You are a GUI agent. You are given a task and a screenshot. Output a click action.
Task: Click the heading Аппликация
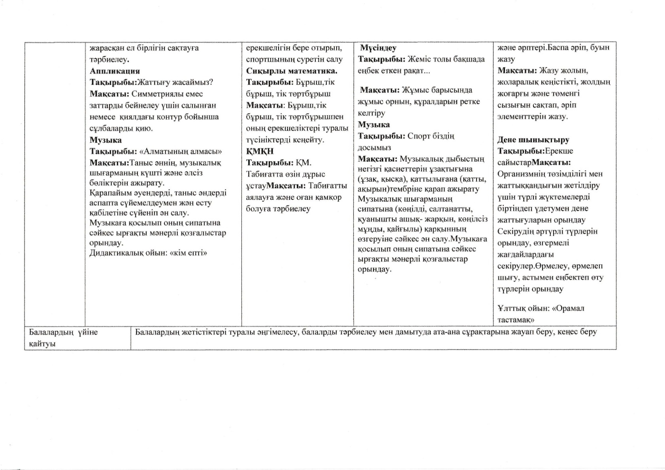(x=115, y=71)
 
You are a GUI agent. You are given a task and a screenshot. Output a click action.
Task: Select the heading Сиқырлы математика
(x=292, y=71)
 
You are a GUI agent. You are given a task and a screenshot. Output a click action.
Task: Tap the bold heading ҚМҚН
(x=260, y=151)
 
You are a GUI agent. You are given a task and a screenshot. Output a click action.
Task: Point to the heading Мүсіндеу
(x=378, y=48)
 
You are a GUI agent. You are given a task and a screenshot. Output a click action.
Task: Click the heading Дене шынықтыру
(x=533, y=140)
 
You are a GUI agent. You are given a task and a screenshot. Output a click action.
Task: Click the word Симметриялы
(x=156, y=94)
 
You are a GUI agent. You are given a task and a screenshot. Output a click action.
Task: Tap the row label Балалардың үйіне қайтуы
(x=63, y=338)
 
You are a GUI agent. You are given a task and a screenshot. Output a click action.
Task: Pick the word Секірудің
(x=516, y=231)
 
